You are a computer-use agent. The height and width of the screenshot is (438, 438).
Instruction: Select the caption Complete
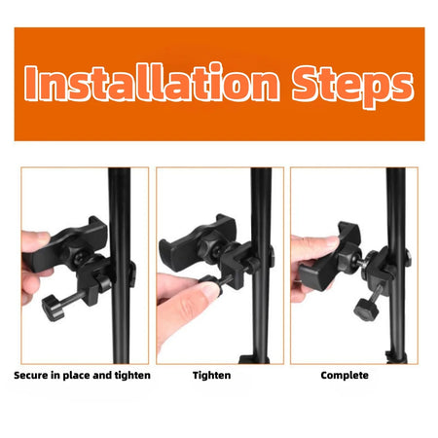(x=345, y=375)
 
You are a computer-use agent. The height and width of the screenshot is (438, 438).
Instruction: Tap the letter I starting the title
(x=33, y=84)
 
